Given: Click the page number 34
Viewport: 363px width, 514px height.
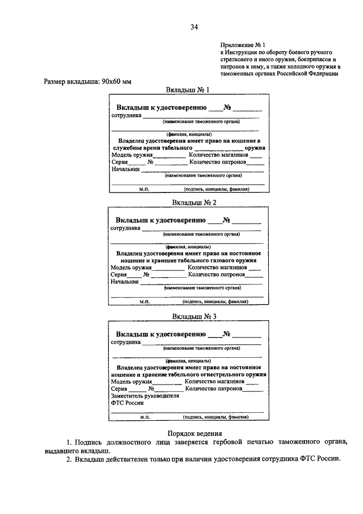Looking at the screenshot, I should [x=194, y=27].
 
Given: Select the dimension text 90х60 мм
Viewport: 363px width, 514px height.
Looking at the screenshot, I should [x=116, y=82].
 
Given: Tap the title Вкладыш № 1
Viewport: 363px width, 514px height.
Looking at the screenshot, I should [x=188, y=90].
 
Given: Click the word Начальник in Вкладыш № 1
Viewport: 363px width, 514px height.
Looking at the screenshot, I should [x=126, y=169].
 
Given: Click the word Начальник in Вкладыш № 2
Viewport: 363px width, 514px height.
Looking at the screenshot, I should [x=125, y=281].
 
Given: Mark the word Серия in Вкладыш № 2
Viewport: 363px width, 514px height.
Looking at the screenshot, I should [x=118, y=274].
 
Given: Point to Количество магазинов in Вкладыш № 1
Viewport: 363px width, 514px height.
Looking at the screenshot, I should [x=217, y=154].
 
